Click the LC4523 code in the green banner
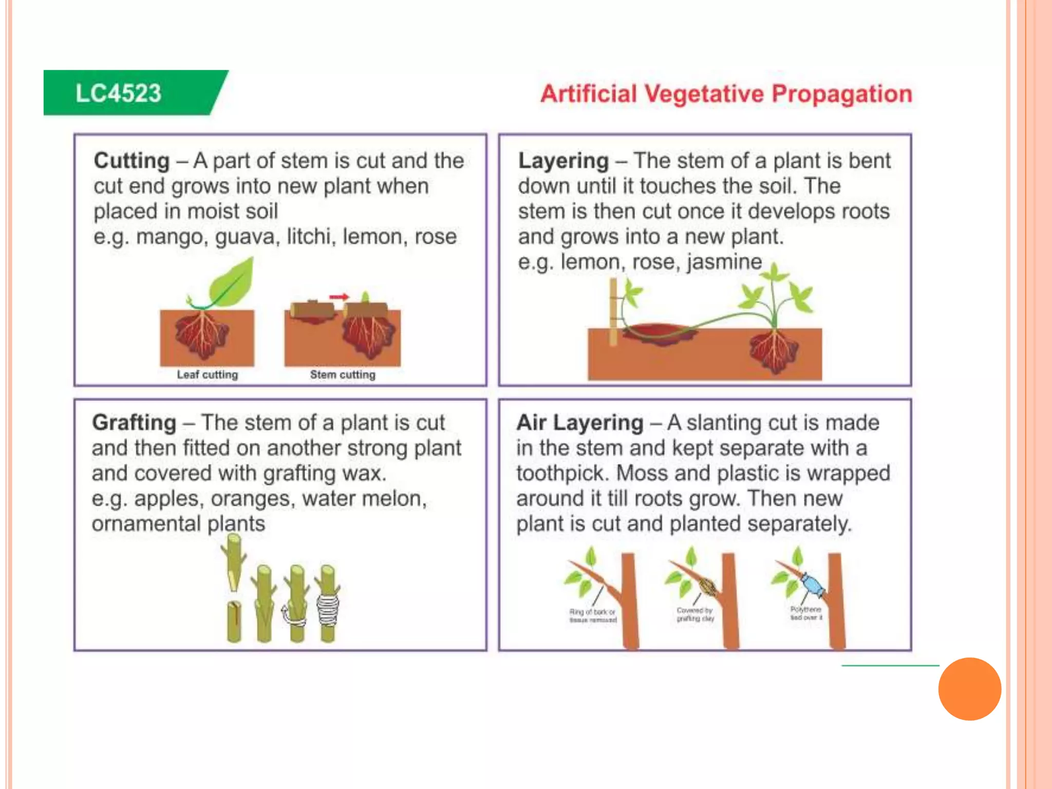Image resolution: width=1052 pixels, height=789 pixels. tap(118, 93)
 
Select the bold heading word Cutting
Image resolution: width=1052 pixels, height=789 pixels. tap(131, 161)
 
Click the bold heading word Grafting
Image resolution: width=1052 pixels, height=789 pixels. tap(134, 423)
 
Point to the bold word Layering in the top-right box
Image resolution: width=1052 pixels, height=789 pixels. tap(563, 161)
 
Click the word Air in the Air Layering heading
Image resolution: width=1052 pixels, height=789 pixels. tap(531, 423)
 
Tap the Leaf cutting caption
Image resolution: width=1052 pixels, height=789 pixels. tap(207, 375)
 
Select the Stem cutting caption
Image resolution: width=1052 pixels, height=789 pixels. tap(343, 375)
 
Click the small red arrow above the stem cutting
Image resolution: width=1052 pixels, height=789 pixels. tap(339, 297)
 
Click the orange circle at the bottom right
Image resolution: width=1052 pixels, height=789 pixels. tap(969, 689)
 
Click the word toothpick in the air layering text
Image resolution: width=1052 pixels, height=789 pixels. tap(563, 473)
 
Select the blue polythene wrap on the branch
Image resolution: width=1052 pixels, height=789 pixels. tap(813, 585)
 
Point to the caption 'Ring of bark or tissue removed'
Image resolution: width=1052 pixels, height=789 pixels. tap(592, 616)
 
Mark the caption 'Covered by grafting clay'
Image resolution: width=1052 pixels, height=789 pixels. tap(695, 614)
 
